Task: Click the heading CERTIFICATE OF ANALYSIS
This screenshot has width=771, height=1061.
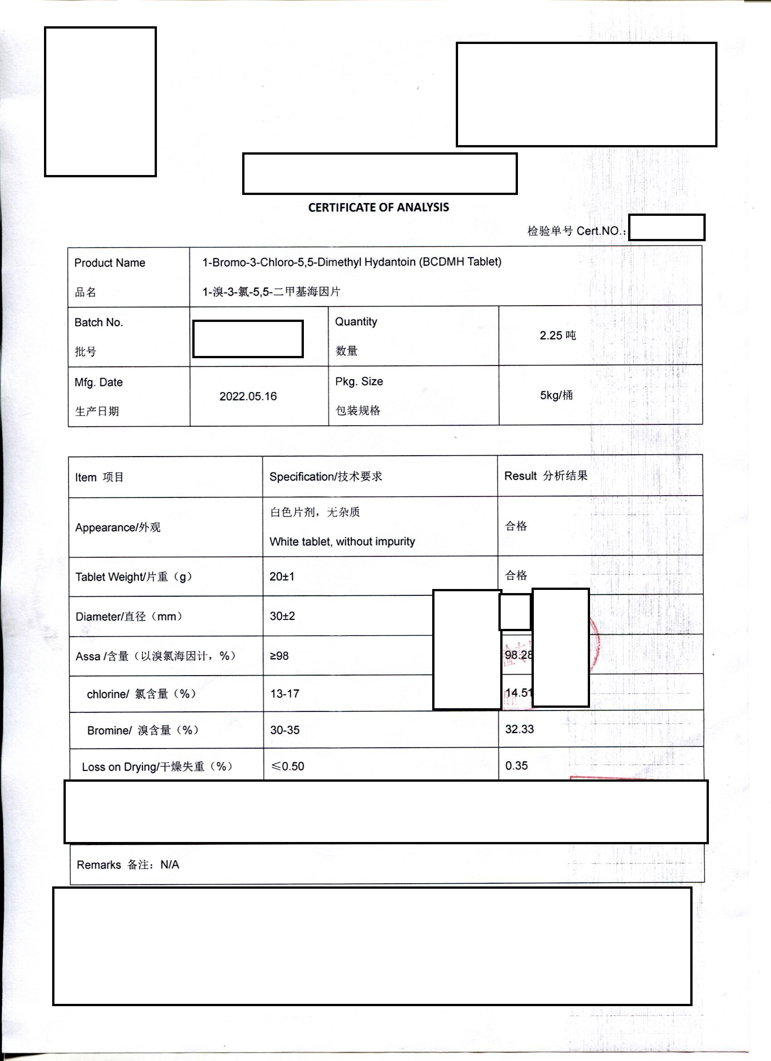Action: [x=379, y=207]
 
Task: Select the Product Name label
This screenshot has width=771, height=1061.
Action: [x=110, y=263]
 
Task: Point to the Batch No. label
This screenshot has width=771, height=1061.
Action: [x=99, y=322]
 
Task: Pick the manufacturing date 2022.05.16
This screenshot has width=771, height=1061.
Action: [x=248, y=396]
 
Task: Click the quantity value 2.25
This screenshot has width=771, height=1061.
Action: [x=551, y=336]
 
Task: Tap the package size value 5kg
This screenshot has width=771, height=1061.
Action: [x=550, y=395]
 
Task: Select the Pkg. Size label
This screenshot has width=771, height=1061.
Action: [x=359, y=381]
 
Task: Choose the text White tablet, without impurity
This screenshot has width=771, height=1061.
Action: [x=342, y=541]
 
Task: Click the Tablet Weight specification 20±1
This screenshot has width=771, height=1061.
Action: [x=282, y=576]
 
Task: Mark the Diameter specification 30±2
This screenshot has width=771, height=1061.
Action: [x=282, y=616]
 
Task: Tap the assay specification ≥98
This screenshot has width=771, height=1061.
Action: [x=279, y=656]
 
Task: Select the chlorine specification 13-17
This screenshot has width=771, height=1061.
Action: [x=284, y=693]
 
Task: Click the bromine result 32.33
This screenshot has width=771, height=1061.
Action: [x=519, y=729]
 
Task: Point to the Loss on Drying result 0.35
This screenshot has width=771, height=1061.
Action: [x=517, y=766]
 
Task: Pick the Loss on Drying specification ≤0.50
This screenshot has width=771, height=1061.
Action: [x=288, y=766]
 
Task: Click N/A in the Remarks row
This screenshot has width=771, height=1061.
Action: [x=169, y=865]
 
